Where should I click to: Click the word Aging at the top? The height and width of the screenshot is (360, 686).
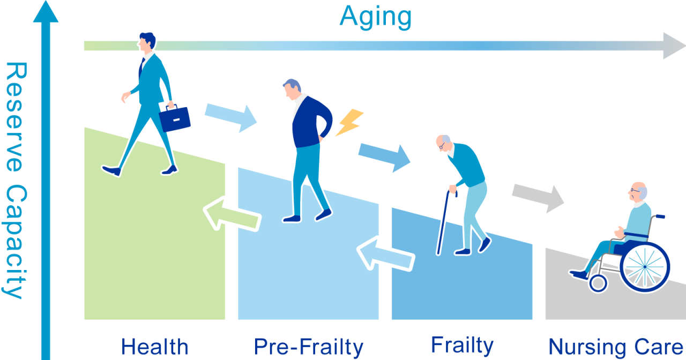click(x=376, y=18)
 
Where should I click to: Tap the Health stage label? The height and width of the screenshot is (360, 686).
click(x=155, y=347)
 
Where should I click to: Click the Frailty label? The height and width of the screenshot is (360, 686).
click(x=462, y=346)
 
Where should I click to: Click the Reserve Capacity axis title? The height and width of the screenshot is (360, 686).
click(x=16, y=181)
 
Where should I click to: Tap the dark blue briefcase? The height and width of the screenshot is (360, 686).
click(x=175, y=118)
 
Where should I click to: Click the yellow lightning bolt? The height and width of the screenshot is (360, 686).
click(x=350, y=122)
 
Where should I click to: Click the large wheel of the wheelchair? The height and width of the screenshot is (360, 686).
click(x=645, y=267)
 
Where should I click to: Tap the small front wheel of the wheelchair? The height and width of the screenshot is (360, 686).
click(x=598, y=283)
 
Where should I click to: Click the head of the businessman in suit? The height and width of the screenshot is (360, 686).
click(x=146, y=42)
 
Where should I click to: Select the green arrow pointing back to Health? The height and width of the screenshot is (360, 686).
click(x=232, y=214)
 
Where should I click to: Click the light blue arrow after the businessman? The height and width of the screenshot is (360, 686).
click(x=230, y=118)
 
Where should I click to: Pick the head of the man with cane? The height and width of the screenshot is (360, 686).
click(x=445, y=144)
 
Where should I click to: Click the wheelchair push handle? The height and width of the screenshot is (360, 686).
click(x=660, y=216)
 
